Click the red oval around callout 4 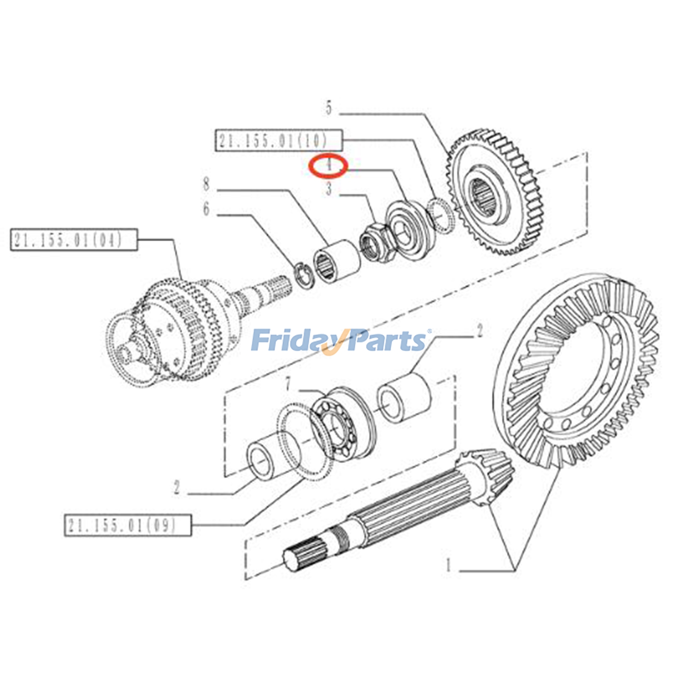pyautogui.click(x=329, y=165)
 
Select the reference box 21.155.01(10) pyautogui.click(x=278, y=140)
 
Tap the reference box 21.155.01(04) pyautogui.click(x=74, y=239)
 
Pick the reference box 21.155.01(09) pyautogui.click(x=128, y=525)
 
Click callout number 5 pyautogui.click(x=329, y=108)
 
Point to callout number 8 pyautogui.click(x=207, y=184)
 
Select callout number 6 pyautogui.click(x=207, y=209)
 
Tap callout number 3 pyautogui.click(x=329, y=189)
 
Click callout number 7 pyautogui.click(x=288, y=384)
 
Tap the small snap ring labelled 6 pyautogui.click(x=304, y=277)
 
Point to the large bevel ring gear pyautogui.click(x=576, y=371)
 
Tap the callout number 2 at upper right pyautogui.click(x=479, y=330)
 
